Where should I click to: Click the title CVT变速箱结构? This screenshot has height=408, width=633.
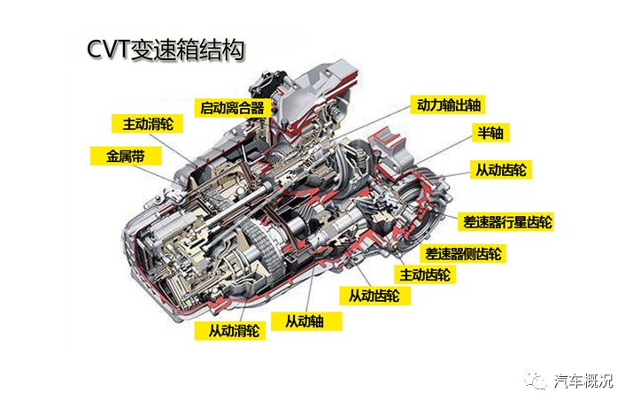coord(166,50)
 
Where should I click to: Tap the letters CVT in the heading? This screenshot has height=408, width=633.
coord(107,50)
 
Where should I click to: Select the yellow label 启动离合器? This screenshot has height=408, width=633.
coord(232,108)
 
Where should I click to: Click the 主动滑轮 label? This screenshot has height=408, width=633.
coord(147,124)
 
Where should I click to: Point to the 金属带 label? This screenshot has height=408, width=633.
coord(126,156)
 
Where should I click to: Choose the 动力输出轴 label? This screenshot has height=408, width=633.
coord(448,105)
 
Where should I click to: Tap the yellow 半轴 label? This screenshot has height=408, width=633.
coord(490,133)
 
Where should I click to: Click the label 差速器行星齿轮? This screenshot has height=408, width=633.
coord(506,222)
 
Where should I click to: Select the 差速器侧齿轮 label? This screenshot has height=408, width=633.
coord(463,254)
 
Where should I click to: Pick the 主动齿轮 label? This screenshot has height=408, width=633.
coord(425,274)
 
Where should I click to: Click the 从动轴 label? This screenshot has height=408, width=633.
coord(306,321)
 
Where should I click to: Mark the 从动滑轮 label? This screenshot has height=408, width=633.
coord(230,331)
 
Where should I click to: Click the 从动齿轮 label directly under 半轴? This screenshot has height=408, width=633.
coord(500,170)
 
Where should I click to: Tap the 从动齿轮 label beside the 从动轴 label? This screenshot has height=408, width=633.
coord(374,296)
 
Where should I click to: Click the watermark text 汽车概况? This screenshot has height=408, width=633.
coord(583,381)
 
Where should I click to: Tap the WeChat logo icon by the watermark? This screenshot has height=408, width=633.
coord(536,381)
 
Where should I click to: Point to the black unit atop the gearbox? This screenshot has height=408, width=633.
coord(266,84)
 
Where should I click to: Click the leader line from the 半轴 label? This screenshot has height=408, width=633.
coord(445,149)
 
